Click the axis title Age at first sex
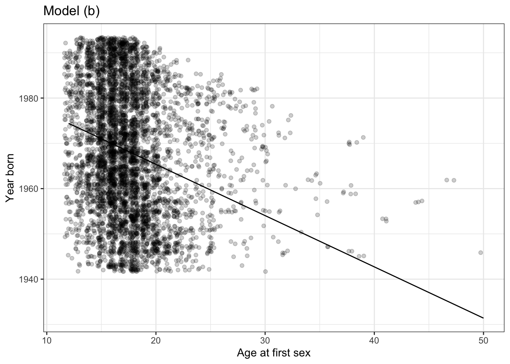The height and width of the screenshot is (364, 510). [274, 353]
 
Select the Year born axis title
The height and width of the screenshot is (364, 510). [11, 178]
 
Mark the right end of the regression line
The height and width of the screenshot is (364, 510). [483, 318]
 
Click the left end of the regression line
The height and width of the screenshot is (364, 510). [69, 123]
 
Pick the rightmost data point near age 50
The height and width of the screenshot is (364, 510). [480, 253]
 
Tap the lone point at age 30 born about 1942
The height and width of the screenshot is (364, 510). [265, 271]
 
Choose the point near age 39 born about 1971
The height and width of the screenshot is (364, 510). [363, 137]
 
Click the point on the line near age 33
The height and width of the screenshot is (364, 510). [301, 232]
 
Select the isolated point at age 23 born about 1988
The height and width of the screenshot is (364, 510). [188, 60]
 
